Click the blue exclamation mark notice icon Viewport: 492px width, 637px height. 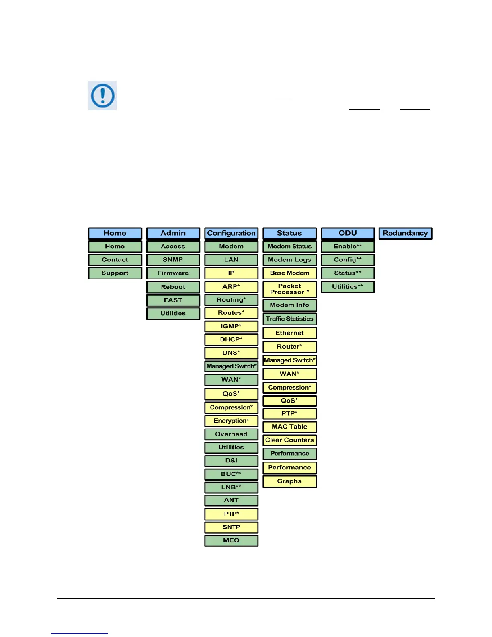[x=102, y=96]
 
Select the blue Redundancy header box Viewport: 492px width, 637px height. [x=405, y=233]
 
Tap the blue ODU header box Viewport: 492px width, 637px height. [x=348, y=233]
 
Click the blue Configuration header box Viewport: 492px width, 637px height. [x=231, y=233]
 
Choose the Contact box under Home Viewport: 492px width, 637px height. [x=115, y=260]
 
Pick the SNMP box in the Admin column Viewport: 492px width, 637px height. [x=173, y=260]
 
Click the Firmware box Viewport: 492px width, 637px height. [x=173, y=273]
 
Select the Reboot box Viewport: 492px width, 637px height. [x=173, y=287]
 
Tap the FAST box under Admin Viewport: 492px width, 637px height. [x=173, y=300]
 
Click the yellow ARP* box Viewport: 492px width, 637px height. [x=231, y=287]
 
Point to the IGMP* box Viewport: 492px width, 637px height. [x=231, y=326]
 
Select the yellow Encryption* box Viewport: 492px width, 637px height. [x=231, y=421]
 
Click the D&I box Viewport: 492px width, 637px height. [x=231, y=461]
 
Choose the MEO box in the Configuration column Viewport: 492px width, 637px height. [x=231, y=540]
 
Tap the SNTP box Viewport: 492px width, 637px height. [x=231, y=527]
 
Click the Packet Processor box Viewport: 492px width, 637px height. [x=289, y=289]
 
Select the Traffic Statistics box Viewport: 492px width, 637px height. [x=289, y=319]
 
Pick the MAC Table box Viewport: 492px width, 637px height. [x=289, y=427]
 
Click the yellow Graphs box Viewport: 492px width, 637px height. [x=289, y=481]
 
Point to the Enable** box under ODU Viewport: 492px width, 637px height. [x=348, y=247]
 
